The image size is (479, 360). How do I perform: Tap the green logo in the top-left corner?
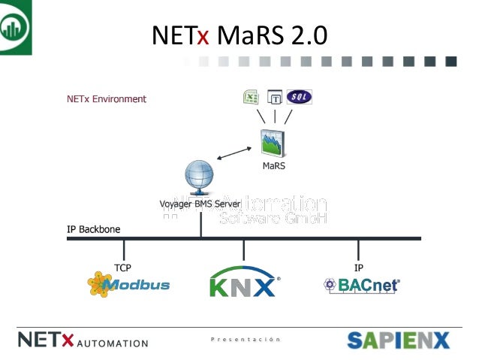coord(16,27)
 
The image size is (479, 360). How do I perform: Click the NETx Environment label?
coord(107,98)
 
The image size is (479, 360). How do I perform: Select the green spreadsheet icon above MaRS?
coord(251,96)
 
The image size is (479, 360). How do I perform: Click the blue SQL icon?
coord(299,96)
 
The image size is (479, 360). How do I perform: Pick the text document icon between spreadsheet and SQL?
coord(275,97)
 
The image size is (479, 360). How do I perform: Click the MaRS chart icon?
coord(273,144)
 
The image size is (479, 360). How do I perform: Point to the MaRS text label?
coord(273,166)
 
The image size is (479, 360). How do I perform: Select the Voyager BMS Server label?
coord(200,204)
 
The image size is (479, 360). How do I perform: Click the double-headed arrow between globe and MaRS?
coord(234,153)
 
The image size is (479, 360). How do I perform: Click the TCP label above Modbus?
coord(122,267)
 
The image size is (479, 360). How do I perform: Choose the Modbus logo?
coord(128,285)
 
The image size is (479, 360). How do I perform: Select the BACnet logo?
coord(361,286)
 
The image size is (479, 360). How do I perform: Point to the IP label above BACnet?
coord(359,267)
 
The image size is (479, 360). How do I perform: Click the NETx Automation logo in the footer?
coord(83,340)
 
